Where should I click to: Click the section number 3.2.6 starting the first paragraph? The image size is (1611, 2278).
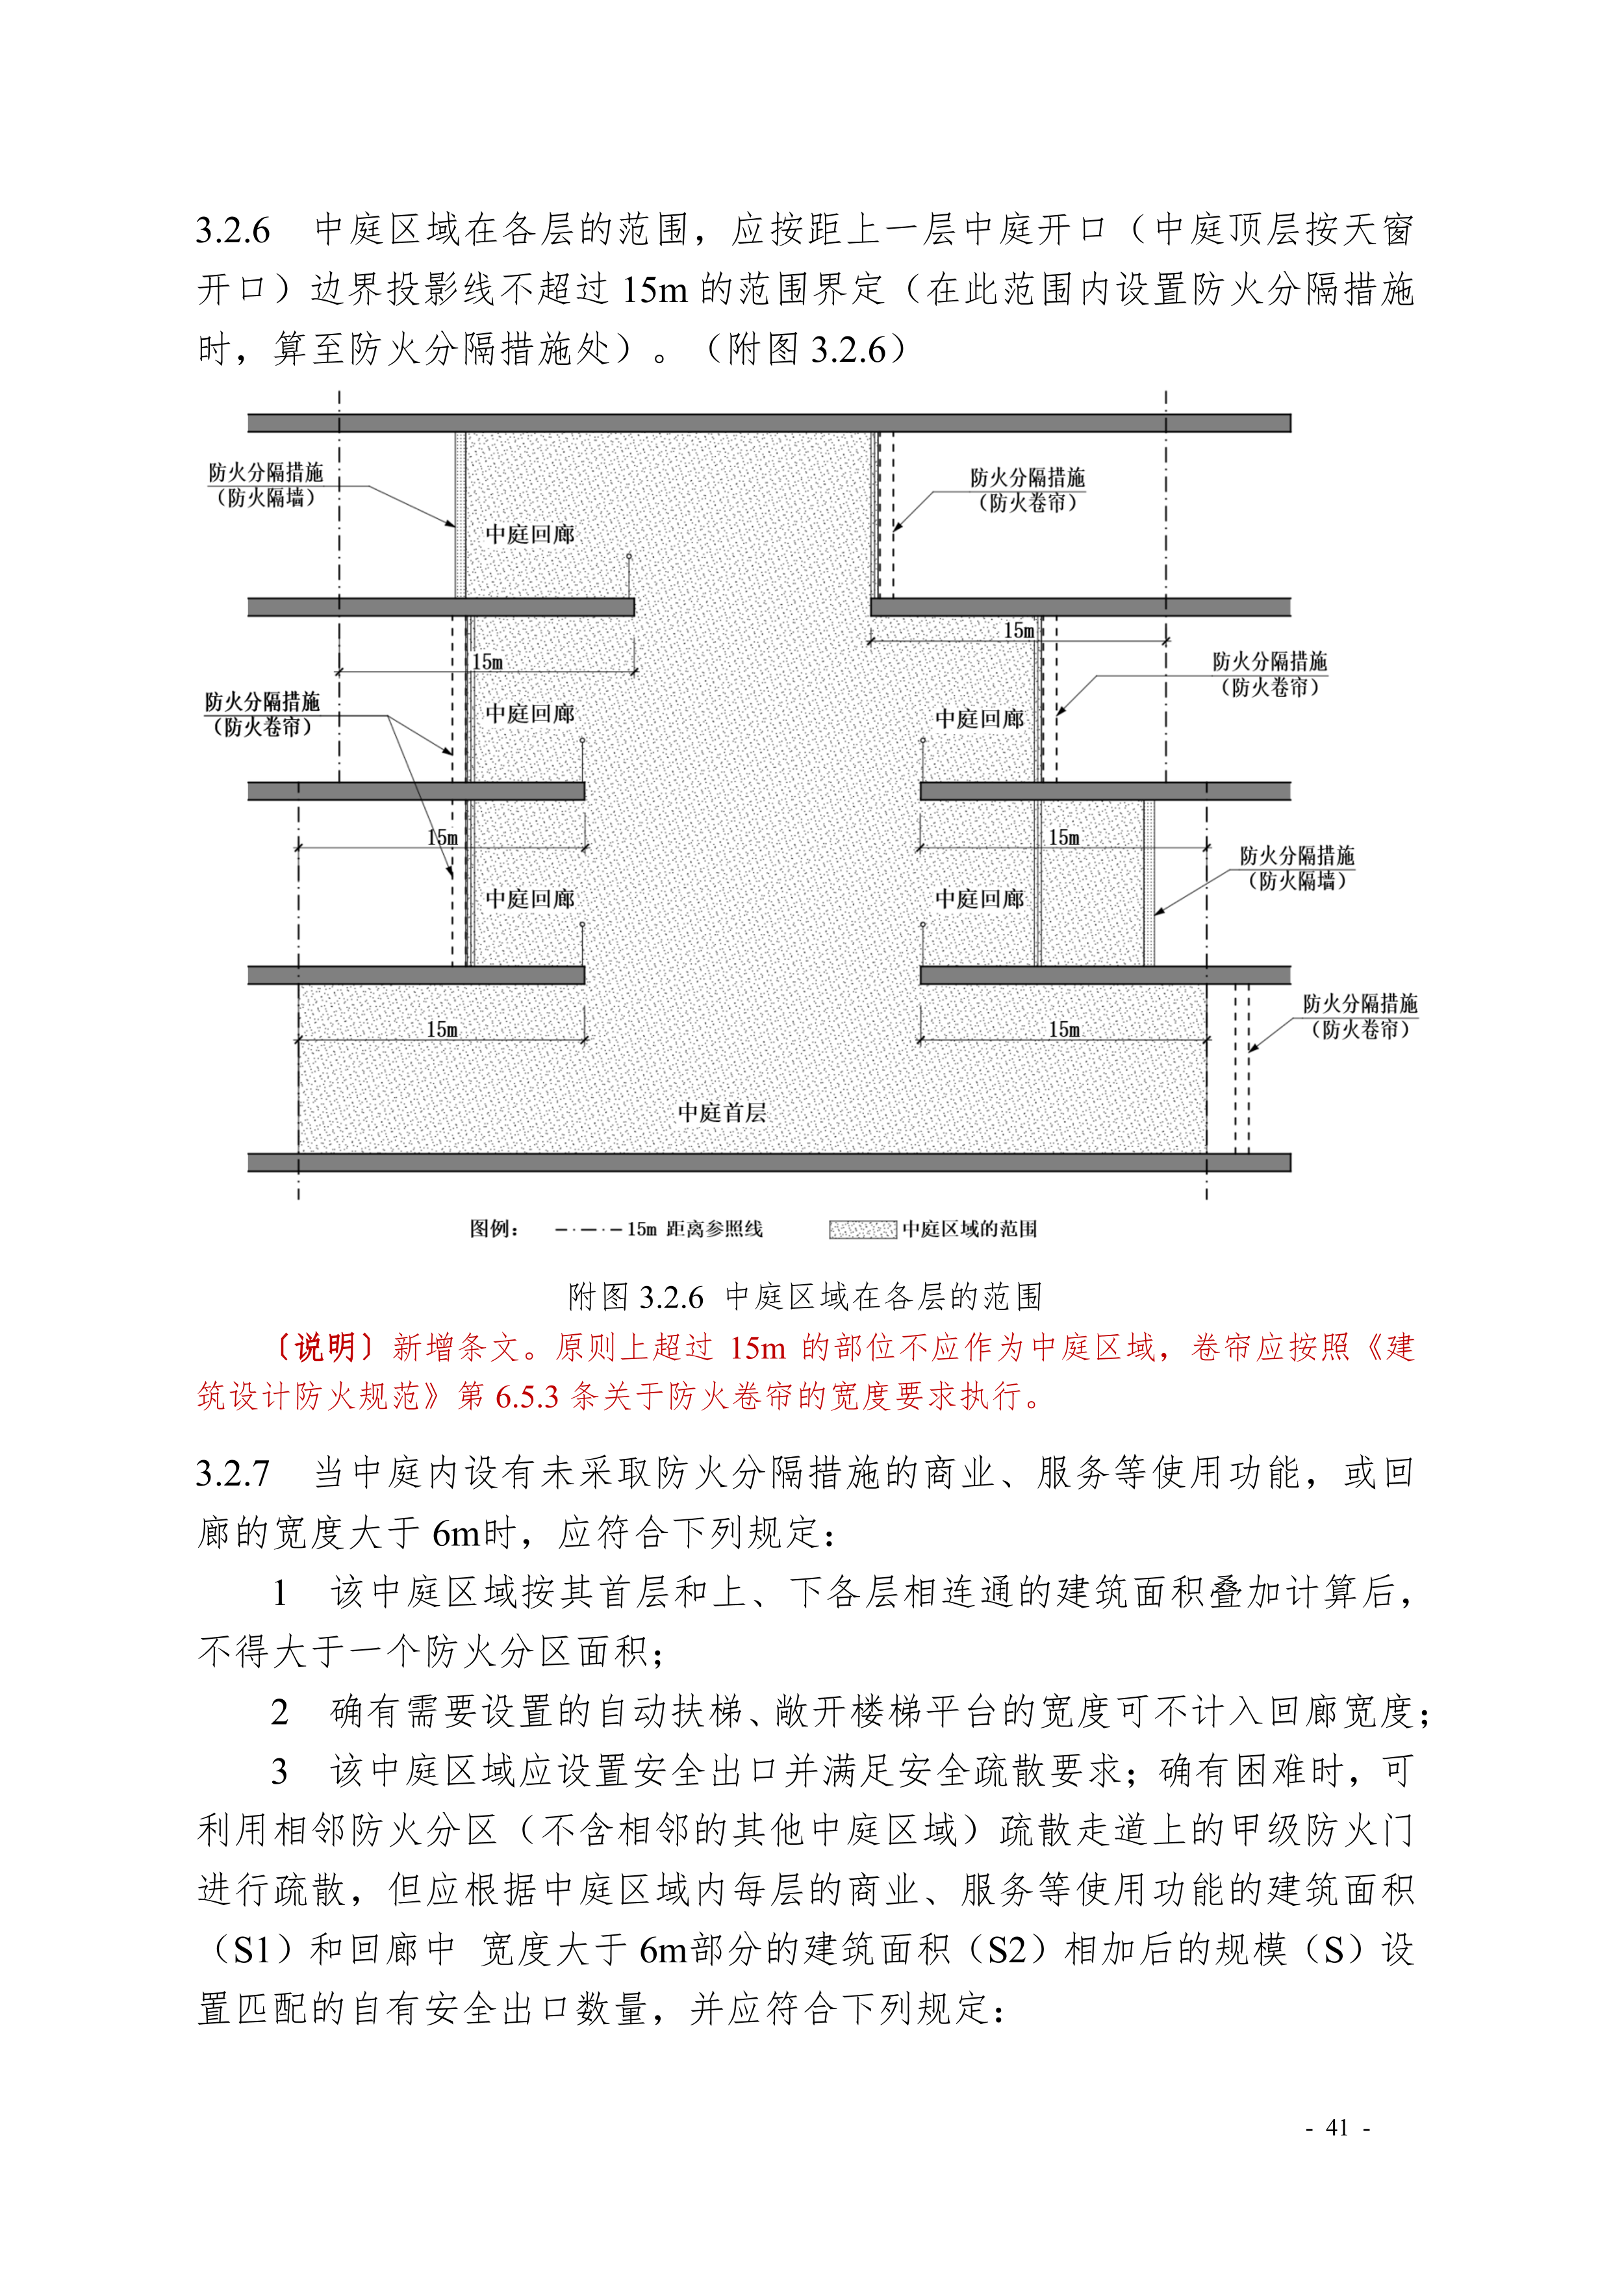233,230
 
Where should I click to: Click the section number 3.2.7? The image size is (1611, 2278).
233,1473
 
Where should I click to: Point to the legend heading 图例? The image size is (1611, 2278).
493,1229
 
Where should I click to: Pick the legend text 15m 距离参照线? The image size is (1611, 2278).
694,1229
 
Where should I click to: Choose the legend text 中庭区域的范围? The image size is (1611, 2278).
969,1229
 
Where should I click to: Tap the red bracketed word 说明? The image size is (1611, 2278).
324,1347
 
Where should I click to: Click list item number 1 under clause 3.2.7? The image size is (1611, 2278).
281,1593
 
